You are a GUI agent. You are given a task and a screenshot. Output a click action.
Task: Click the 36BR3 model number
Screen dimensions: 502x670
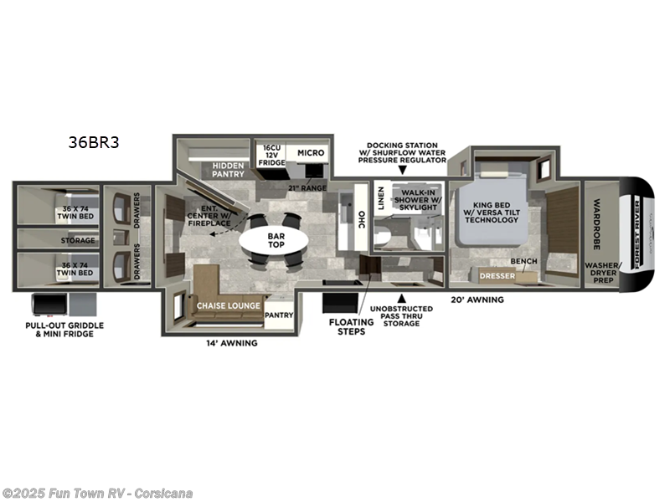94,142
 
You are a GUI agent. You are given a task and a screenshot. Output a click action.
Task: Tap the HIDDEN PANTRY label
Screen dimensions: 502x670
227,169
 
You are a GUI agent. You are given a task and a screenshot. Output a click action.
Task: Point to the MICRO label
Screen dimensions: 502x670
310,153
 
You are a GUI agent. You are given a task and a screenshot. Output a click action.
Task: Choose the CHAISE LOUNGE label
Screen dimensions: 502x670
228,307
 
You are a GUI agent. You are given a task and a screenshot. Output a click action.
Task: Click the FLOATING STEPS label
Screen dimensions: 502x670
350,325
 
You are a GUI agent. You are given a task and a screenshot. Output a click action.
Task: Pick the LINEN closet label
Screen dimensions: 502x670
381,197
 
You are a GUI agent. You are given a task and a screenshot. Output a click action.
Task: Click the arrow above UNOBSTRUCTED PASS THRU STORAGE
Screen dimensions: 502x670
402,298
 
